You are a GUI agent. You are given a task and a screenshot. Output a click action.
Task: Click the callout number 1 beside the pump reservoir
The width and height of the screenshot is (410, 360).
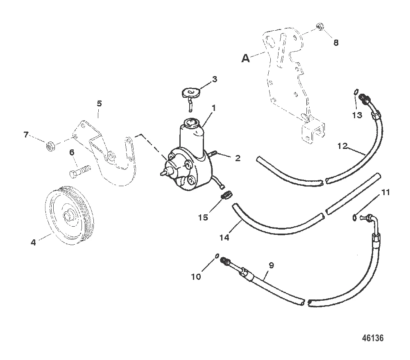point(214,108)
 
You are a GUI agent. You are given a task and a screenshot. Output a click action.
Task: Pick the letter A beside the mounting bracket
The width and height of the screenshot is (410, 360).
point(245,59)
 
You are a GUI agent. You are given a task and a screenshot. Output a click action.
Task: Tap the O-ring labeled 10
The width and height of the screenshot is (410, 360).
point(216,256)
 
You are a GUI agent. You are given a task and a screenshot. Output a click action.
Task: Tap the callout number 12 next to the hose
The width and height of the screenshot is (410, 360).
point(343,145)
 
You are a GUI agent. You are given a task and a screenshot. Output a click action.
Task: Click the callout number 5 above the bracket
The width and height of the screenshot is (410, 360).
point(99,103)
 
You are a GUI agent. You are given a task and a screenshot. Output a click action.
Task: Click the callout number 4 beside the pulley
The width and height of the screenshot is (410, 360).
point(34,242)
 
